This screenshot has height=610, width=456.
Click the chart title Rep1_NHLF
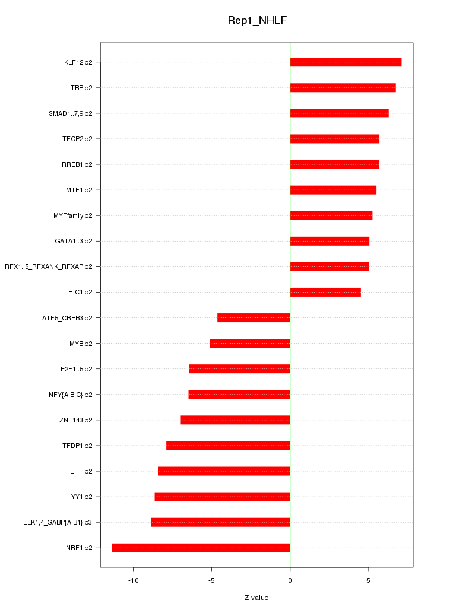click(257, 20)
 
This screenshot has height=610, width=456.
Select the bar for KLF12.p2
click(346, 62)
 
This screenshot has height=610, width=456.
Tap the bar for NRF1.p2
click(201, 548)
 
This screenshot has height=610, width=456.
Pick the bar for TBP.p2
click(343, 88)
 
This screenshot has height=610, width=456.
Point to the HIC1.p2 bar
click(325, 292)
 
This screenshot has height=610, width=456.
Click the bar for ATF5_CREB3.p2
click(254, 318)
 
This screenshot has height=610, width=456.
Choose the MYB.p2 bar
click(249, 344)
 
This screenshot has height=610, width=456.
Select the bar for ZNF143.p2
click(235, 420)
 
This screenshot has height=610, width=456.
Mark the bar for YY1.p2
click(222, 497)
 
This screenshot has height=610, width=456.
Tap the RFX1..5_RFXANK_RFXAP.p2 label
click(49, 267)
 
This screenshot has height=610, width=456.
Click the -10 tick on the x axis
click(134, 580)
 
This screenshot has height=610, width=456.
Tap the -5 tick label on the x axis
click(211, 580)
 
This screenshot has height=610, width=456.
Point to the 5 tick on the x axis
click(368, 580)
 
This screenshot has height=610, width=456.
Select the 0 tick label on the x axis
click(290, 580)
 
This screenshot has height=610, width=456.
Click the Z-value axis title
click(256, 598)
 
